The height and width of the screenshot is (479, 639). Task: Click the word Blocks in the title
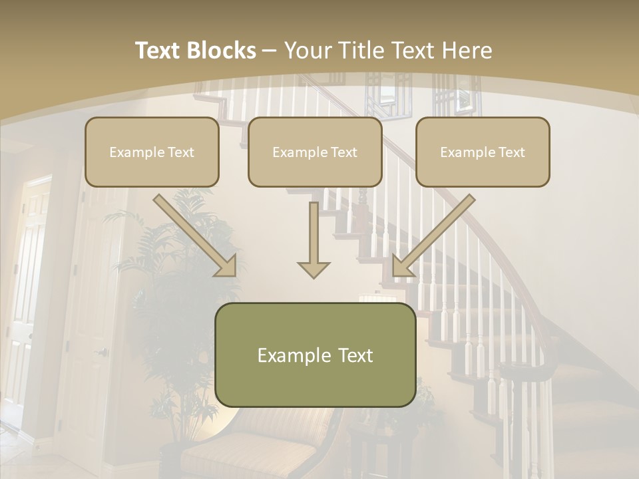(222, 51)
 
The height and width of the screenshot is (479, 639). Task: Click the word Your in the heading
(308, 51)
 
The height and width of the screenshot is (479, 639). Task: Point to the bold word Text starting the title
(158, 51)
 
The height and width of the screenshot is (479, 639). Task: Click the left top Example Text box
(152, 152)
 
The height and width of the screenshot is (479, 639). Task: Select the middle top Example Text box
(315, 152)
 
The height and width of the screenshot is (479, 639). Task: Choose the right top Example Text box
(483, 152)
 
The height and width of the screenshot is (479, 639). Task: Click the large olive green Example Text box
(315, 355)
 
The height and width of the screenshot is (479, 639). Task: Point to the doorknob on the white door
(102, 352)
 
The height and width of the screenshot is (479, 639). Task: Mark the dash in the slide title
(270, 51)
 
